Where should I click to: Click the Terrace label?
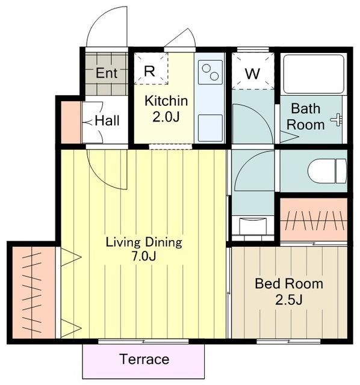(x=144, y=359)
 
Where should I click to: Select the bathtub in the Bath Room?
(x=314, y=73)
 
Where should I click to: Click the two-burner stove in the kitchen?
(x=210, y=72)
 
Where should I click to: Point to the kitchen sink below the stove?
(x=210, y=128)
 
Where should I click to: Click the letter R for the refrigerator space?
(x=149, y=71)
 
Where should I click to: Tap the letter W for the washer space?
(x=252, y=73)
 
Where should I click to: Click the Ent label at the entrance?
(x=107, y=73)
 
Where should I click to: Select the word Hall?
(x=107, y=120)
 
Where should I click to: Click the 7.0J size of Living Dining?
(x=144, y=256)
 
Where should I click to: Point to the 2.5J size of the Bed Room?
(x=289, y=300)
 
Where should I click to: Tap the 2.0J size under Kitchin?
(x=166, y=117)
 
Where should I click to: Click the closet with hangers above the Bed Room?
(x=314, y=220)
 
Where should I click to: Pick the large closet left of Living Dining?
(x=34, y=292)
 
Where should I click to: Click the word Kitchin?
(x=166, y=100)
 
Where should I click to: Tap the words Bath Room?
(x=306, y=117)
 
